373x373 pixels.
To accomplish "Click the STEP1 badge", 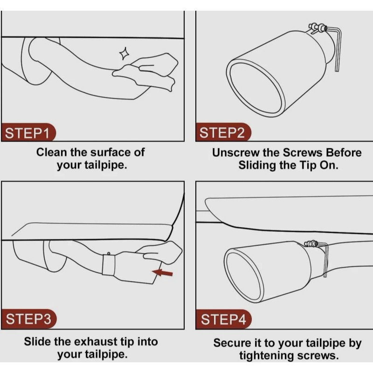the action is coord(29,132).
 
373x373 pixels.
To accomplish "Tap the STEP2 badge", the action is coord(223,132).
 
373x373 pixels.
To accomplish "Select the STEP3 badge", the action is coord(29,319).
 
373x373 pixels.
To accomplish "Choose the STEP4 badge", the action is coord(224,319).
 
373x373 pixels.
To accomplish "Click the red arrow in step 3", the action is coord(162,273).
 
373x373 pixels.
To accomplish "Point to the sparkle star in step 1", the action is coord(124,54).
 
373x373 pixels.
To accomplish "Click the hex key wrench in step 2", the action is coord(336,48).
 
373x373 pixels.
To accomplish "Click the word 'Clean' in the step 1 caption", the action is coord(51,152).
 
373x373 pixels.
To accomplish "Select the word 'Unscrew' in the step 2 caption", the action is coord(235,153).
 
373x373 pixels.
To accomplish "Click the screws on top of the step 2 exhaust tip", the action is coord(318,28).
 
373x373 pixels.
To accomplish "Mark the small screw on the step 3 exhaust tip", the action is coord(109,254).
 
